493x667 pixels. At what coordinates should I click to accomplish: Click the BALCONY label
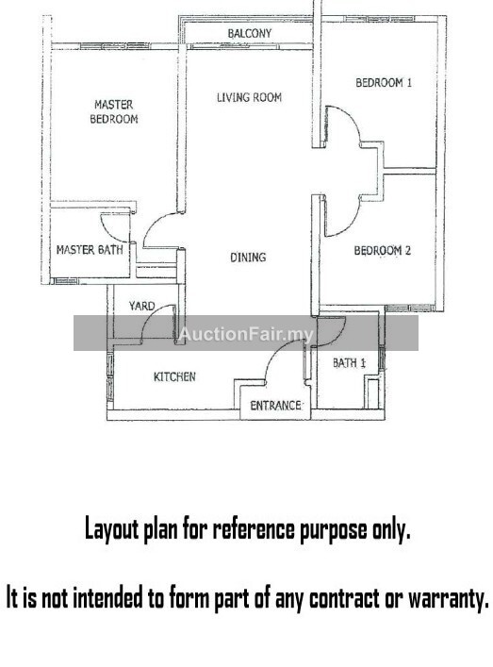tap(249, 33)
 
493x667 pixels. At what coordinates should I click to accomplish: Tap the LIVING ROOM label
tap(249, 97)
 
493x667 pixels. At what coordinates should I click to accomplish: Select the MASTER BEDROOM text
tap(114, 111)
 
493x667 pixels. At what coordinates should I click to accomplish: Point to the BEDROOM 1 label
tap(384, 82)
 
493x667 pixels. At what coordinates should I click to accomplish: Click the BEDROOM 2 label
tap(383, 251)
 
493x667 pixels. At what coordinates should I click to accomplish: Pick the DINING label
tap(248, 257)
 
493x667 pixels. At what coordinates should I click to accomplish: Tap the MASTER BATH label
tap(90, 250)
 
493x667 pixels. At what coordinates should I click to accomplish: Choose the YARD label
tap(142, 306)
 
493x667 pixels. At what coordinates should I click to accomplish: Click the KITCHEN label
tap(174, 376)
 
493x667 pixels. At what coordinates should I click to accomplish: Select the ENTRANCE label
tap(275, 406)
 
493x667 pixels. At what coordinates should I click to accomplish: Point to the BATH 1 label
tap(349, 363)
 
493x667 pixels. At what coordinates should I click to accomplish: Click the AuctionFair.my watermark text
tap(246, 334)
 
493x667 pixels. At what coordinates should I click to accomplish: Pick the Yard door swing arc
tap(150, 314)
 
